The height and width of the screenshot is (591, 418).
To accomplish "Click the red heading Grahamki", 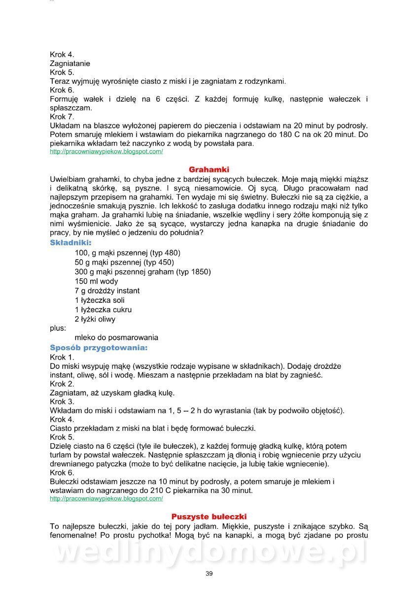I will (x=209, y=169).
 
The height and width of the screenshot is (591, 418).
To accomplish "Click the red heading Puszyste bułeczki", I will (x=209, y=517).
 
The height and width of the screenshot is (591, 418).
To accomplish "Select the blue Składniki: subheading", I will (x=70, y=243).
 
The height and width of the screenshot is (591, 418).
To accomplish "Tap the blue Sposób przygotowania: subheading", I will (x=99, y=348).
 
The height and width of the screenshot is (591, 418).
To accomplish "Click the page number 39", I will (x=209, y=573).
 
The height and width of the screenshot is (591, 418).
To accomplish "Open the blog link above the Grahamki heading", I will (x=106, y=152).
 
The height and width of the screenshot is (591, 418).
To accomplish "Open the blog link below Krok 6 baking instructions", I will (x=106, y=499).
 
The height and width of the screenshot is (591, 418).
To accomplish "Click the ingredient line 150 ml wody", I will (x=97, y=281).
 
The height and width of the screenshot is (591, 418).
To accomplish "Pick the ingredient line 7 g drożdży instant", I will (x=107, y=291).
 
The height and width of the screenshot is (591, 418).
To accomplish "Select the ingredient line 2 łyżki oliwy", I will (x=95, y=319).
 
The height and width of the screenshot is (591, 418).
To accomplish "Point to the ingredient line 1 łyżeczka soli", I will (x=100, y=300).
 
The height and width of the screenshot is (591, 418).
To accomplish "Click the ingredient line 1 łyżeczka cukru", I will (x=103, y=310).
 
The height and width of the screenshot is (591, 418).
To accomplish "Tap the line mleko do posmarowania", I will (x=116, y=338).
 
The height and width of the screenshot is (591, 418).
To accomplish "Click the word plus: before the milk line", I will (x=58, y=328).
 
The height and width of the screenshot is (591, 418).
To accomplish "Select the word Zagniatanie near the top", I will (x=70, y=64).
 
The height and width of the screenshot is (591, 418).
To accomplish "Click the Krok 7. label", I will (x=62, y=117).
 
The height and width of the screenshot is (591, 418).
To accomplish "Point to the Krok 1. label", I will (x=62, y=357).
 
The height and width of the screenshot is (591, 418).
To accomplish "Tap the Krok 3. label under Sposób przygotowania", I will (x=62, y=401).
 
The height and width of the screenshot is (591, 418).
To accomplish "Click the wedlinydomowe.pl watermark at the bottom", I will (x=209, y=552).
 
